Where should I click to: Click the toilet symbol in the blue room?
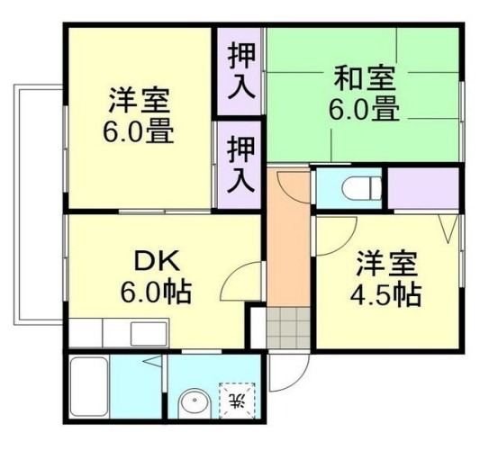[x=362, y=188]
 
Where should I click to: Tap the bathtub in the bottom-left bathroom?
[x=88, y=386]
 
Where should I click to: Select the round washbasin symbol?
[x=195, y=403]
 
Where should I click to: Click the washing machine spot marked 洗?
[x=237, y=401]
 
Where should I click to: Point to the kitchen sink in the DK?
[x=149, y=334]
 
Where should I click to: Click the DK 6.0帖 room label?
[x=157, y=277]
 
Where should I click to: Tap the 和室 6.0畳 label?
[x=364, y=93]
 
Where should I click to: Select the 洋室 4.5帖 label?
[x=385, y=278]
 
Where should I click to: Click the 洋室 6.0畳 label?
[x=138, y=115]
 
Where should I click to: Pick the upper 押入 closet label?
[x=241, y=71]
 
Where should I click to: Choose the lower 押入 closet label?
[x=241, y=164]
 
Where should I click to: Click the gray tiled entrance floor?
[x=288, y=328]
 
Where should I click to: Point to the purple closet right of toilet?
[x=423, y=188]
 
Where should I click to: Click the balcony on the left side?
[x=38, y=204]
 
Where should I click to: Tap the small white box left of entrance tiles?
[x=258, y=328]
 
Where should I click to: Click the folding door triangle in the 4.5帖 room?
[x=448, y=228]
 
